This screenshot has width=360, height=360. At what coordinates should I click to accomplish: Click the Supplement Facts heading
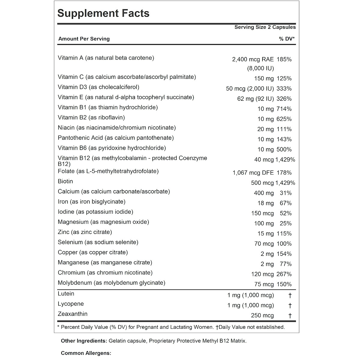(x=103, y=13)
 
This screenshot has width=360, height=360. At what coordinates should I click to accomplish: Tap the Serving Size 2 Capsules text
(x=265, y=27)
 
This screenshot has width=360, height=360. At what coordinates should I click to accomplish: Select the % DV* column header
(x=287, y=39)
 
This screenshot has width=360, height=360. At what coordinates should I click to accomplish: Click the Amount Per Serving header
(x=84, y=39)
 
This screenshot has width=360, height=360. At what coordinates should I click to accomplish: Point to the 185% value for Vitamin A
(x=284, y=59)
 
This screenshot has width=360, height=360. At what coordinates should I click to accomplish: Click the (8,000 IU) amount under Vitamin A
(x=260, y=68)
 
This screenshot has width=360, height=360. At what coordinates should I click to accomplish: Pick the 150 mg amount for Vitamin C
(x=264, y=79)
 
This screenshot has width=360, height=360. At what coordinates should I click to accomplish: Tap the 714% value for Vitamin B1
(x=284, y=109)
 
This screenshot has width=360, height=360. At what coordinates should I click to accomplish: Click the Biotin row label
(x=65, y=181)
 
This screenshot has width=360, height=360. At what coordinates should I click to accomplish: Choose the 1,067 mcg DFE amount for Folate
(x=253, y=173)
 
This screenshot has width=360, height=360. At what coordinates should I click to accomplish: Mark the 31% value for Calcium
(x=286, y=193)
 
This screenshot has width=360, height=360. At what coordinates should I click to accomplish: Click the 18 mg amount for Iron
(x=265, y=203)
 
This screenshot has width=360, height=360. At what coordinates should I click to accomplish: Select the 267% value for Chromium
(x=284, y=274)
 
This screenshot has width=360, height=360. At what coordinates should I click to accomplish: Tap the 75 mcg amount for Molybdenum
(x=264, y=284)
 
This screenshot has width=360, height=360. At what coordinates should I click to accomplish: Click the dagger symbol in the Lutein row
(x=290, y=295)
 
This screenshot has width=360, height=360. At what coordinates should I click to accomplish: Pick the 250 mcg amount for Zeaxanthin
(x=262, y=316)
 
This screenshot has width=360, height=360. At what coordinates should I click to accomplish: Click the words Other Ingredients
(x=84, y=341)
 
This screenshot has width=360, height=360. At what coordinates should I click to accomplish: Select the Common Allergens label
(x=86, y=353)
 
